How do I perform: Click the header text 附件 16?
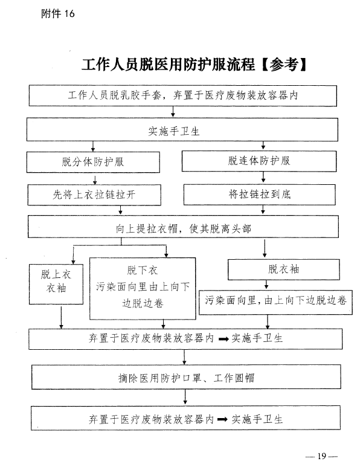click(x=58, y=14)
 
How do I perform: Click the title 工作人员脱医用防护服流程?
click(x=169, y=64)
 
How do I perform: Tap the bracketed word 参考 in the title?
click(x=284, y=64)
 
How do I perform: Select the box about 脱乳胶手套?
click(x=183, y=95)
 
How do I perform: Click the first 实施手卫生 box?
click(x=182, y=129)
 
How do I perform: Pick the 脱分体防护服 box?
click(x=93, y=162)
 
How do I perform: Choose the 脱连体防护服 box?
click(x=259, y=161)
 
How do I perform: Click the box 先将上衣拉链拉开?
click(x=94, y=195)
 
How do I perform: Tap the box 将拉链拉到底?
click(x=259, y=195)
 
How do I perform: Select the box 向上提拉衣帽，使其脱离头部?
click(x=183, y=227)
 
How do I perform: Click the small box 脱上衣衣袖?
click(x=56, y=284)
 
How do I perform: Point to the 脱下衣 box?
click(x=143, y=289)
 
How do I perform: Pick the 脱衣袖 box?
click(x=284, y=269)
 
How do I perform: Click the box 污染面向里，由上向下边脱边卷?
click(x=275, y=302)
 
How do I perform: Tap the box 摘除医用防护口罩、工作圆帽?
click(x=186, y=378)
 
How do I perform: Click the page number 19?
click(x=322, y=456)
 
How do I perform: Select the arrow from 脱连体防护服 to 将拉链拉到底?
click(x=263, y=177)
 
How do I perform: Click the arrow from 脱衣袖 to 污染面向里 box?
click(x=266, y=285)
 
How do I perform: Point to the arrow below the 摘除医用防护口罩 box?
click(x=185, y=397)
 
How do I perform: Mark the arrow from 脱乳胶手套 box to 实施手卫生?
click(x=173, y=112)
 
